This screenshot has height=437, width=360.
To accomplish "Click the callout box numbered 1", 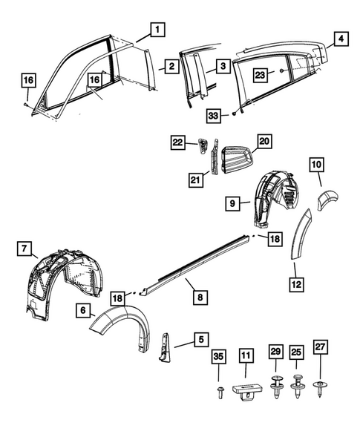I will pos(157,30).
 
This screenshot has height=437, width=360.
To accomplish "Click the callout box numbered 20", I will pos(265,140).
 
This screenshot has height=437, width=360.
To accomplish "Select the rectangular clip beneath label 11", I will pos(246,390).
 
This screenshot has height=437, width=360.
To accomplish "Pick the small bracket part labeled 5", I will pos(164,346).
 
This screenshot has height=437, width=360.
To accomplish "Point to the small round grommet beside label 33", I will pos(233,114).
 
